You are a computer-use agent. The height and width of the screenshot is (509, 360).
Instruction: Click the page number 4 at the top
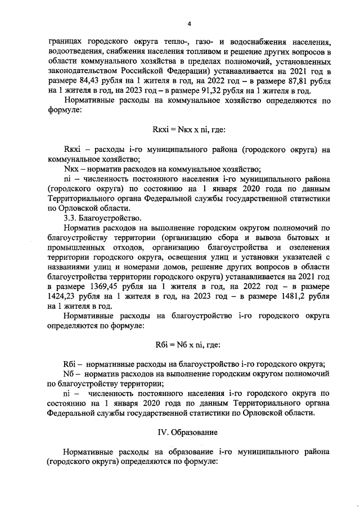point(189,23)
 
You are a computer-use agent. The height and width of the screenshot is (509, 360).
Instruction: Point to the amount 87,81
point(296,82)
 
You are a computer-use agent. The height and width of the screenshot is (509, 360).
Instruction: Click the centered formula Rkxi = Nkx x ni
point(188,129)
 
